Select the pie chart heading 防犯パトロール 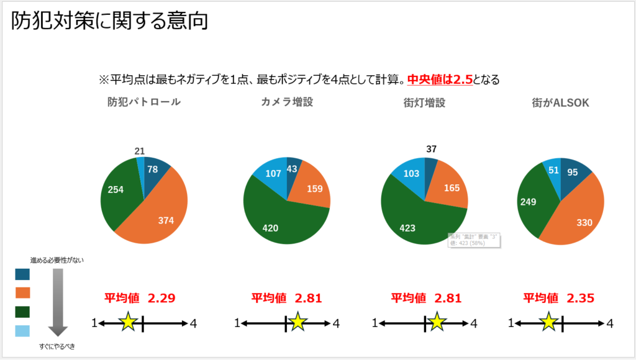pyautogui.click(x=143, y=102)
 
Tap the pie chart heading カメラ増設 pyautogui.click(x=287, y=102)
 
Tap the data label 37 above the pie pyautogui.click(x=432, y=149)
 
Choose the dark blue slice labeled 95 pyautogui.click(x=572, y=172)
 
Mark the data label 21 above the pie pyautogui.click(x=140, y=151)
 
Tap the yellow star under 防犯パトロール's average pyautogui.click(x=128, y=322)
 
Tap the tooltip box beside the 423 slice pyautogui.click(x=475, y=240)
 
